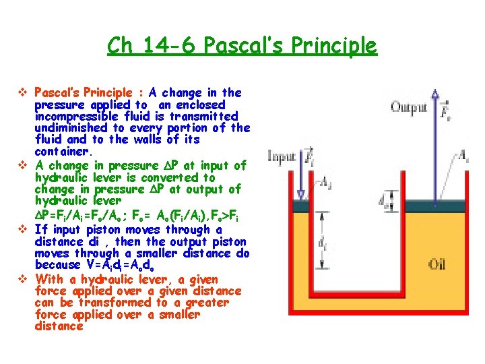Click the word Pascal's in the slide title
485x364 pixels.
click(x=237, y=46)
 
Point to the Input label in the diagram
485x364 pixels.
click(x=283, y=156)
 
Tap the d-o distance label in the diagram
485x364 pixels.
click(x=383, y=200)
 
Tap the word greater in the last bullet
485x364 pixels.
click(x=202, y=303)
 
